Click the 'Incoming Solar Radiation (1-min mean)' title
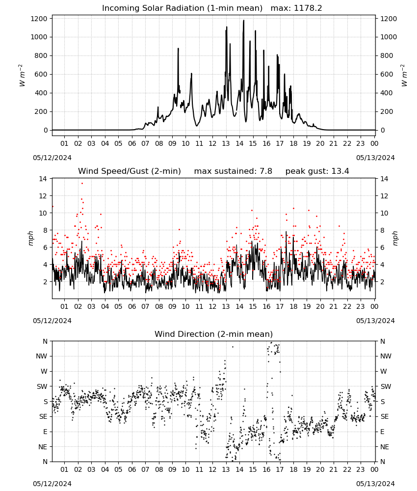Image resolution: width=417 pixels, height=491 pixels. pos(182,8)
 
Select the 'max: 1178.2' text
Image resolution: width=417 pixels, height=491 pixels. pos(296,8)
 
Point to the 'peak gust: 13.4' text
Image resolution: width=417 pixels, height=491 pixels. pos(317,171)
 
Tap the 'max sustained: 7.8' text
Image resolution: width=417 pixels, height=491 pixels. pos(233,171)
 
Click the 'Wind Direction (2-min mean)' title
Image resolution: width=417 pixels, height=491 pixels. pos(214,334)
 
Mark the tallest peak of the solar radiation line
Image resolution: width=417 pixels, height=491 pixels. pos(244,21)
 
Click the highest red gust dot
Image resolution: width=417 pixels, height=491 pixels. pos(82,184)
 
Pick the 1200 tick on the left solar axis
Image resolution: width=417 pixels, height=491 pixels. pos(39,19)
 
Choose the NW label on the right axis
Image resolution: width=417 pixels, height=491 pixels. pos(386,356)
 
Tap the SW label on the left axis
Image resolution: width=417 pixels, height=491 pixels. pos(42,387)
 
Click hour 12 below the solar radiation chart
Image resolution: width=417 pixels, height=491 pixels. pos(212,143)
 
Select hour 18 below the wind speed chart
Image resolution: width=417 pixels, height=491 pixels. pos(293,306)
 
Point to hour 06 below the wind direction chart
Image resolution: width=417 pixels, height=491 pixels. pos(131,470)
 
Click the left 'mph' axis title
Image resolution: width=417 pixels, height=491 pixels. pos(30,238)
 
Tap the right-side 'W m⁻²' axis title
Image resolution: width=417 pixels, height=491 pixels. pos(404,75)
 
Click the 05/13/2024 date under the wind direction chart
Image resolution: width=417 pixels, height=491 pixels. pos(375,484)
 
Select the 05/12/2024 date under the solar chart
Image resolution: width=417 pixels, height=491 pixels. pos(52,158)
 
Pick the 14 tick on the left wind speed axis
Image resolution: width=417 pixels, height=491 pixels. pos(43,179)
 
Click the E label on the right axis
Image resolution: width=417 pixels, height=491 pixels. pos(382,432)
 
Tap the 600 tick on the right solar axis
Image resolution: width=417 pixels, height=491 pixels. pos(387,75)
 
